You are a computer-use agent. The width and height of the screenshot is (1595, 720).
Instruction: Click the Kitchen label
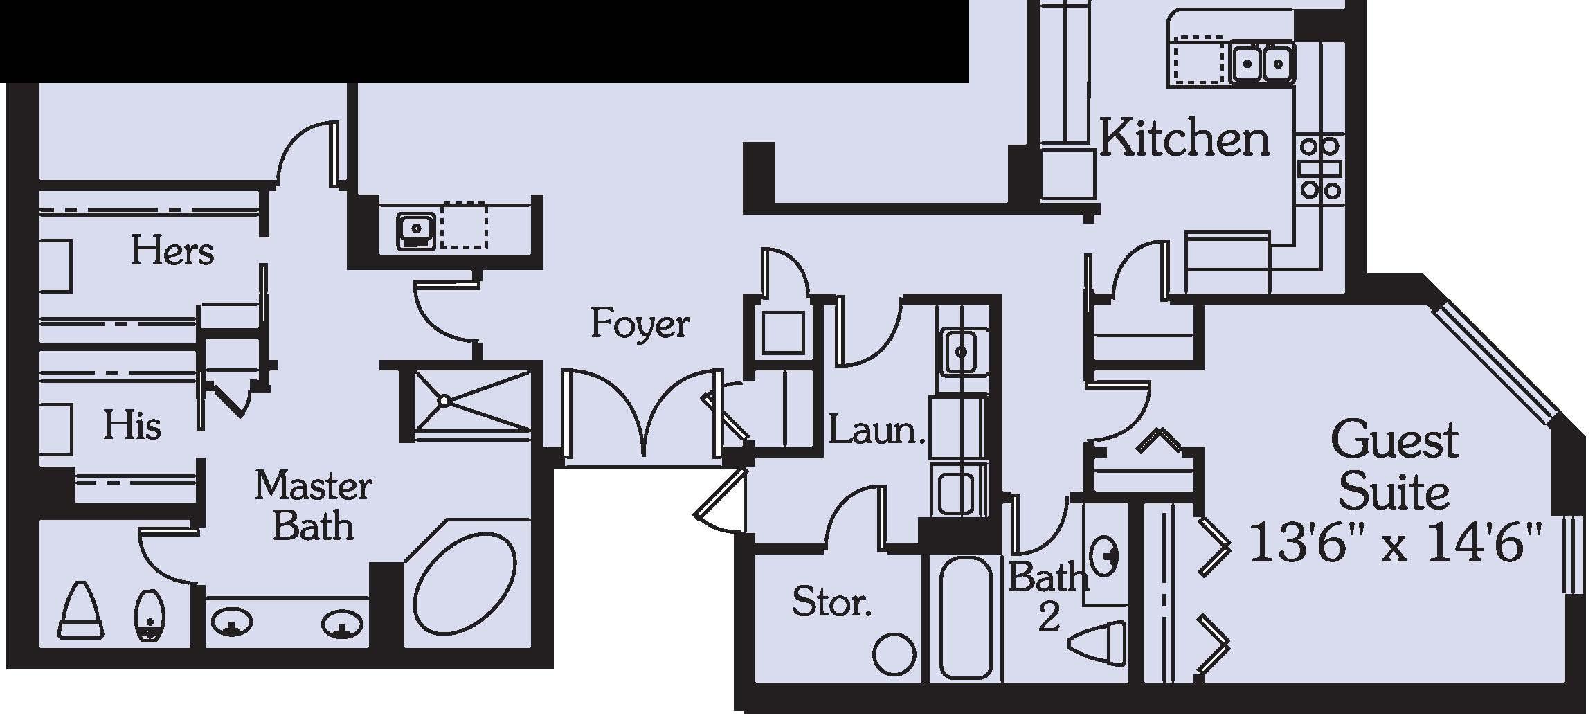coord(1184,140)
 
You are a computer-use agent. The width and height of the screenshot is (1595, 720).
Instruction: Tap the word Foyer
coord(640,324)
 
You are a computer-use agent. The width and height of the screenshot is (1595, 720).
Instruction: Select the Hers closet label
coord(172,251)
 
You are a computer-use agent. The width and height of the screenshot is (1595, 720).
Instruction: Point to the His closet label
coord(132,425)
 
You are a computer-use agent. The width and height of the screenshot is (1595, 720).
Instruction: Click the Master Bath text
coord(314,505)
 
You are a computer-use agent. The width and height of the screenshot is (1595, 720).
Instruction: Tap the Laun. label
coord(876,431)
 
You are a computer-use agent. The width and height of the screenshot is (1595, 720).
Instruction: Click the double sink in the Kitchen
coord(1262,64)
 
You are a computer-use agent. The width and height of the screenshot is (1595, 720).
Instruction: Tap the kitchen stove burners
coord(1319,168)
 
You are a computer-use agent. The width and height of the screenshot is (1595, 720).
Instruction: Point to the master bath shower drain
coord(444,400)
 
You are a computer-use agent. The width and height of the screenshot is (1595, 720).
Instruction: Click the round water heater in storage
coord(894,654)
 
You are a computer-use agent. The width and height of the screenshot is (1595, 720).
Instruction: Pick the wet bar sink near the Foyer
coord(415,228)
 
